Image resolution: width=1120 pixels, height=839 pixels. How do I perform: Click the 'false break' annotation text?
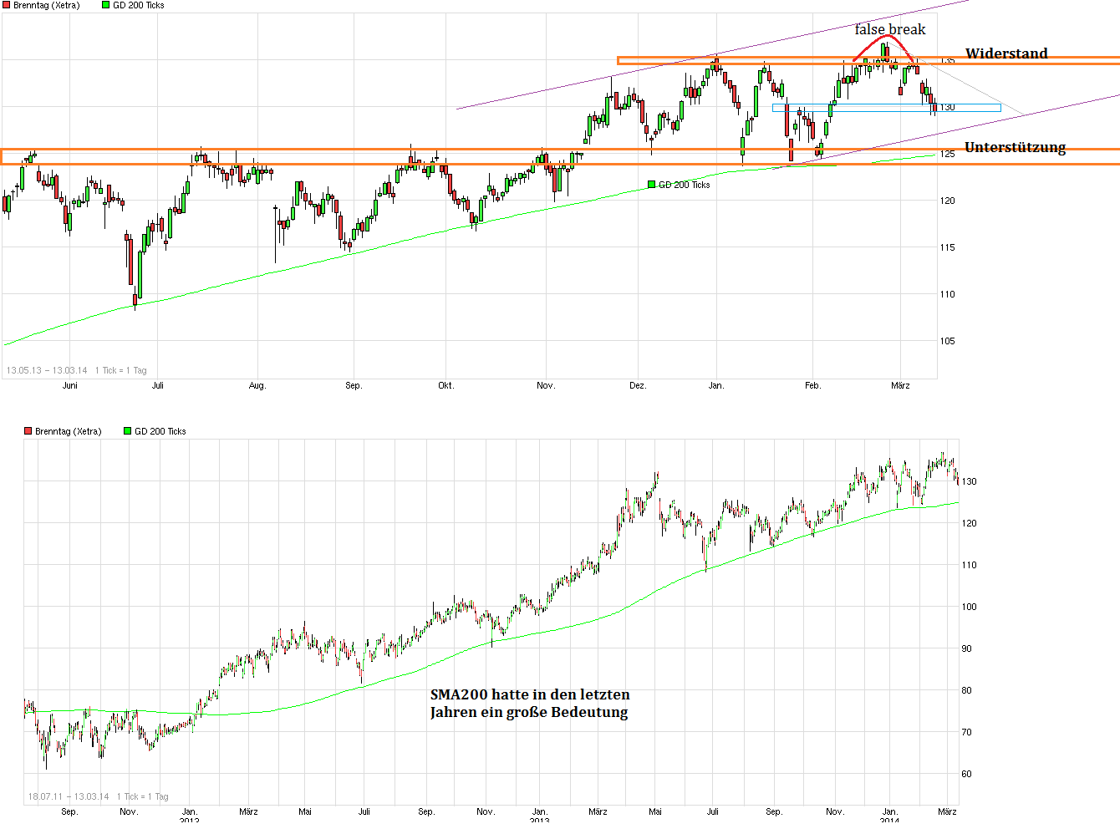889,30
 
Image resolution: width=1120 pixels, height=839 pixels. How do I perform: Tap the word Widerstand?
1005,53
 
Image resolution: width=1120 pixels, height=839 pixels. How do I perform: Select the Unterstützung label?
1015,148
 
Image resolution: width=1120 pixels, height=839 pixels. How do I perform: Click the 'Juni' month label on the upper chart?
70,385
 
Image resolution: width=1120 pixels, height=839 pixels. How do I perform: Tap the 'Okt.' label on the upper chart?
445,385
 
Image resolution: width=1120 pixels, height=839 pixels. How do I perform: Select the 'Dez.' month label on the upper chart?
638,385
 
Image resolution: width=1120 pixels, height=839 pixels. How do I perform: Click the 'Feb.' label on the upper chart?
812,385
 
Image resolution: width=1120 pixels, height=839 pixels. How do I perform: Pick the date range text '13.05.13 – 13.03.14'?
47,370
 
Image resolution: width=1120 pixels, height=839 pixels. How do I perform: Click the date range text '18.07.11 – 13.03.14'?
69,796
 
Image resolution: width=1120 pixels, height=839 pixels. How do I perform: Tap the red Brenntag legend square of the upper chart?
6,5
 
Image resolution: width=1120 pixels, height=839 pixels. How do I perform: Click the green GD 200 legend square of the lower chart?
128,431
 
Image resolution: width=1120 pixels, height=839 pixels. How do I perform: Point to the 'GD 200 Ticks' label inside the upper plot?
684,185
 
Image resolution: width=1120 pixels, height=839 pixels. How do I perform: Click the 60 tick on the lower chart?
967,774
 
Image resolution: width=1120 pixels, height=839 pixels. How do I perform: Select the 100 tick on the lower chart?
969,607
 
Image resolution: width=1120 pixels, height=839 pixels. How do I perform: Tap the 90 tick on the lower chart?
967,648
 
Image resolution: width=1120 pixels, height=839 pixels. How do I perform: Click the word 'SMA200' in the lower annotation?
459,694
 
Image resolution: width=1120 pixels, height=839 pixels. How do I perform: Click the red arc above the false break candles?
883,38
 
